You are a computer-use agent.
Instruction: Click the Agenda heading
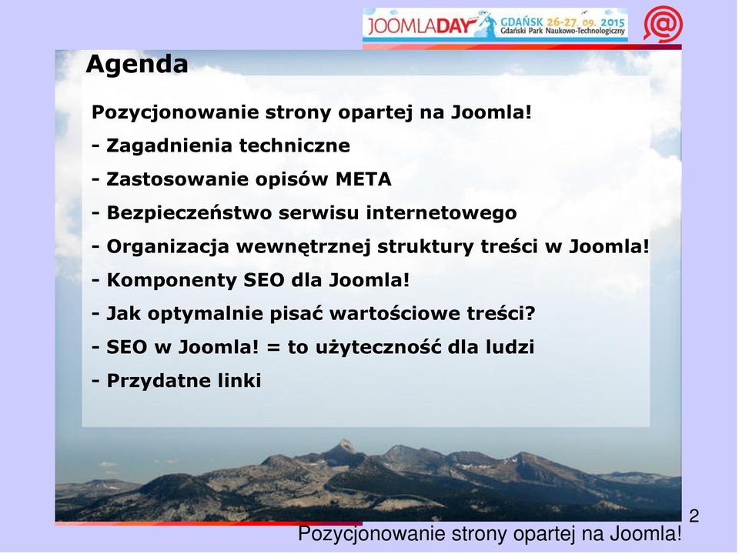[137, 65]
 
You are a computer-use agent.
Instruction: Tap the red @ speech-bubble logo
[663, 24]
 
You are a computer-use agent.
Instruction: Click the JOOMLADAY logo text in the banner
[420, 25]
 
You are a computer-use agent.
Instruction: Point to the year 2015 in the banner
[613, 22]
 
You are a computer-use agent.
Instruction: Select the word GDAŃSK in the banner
[522, 22]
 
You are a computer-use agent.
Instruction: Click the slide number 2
[694, 516]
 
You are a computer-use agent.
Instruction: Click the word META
[363, 179]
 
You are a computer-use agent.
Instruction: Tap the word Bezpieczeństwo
[189, 213]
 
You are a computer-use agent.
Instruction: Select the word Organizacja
[168, 247]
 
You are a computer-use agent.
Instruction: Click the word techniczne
[295, 145]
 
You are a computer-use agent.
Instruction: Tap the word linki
[239, 381]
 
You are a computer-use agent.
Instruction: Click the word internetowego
[441, 213]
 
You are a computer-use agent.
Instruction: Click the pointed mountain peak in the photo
[346, 443]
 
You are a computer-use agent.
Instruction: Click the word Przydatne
[159, 381]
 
